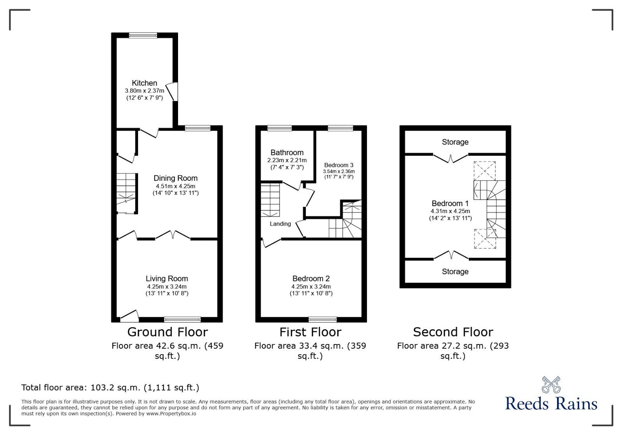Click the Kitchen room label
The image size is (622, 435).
coord(144,83)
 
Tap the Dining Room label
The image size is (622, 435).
coord(175,178)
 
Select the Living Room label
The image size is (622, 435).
coord(167,278)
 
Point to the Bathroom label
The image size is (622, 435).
coord(287,152)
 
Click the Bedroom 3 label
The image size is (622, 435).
coord(339,165)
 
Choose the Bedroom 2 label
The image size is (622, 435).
coord(311,278)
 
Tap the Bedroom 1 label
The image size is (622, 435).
coord(450,203)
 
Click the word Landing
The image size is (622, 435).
coord(280,224)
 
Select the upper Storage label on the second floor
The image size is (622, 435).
coord(455,142)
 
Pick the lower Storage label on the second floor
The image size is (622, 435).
coord(455,271)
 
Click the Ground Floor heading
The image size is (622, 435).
coord(168,332)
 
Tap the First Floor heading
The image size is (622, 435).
coord(310,332)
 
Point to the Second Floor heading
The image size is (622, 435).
coord(453,332)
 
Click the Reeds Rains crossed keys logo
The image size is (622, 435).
coord(551,385)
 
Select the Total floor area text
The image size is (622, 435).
coord(110,387)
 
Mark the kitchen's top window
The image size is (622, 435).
coord(143,35)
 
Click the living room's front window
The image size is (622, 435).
coord(182,320)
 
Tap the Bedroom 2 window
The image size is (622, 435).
coord(323,320)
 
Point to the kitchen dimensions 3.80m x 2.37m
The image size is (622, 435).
coord(144,91)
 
